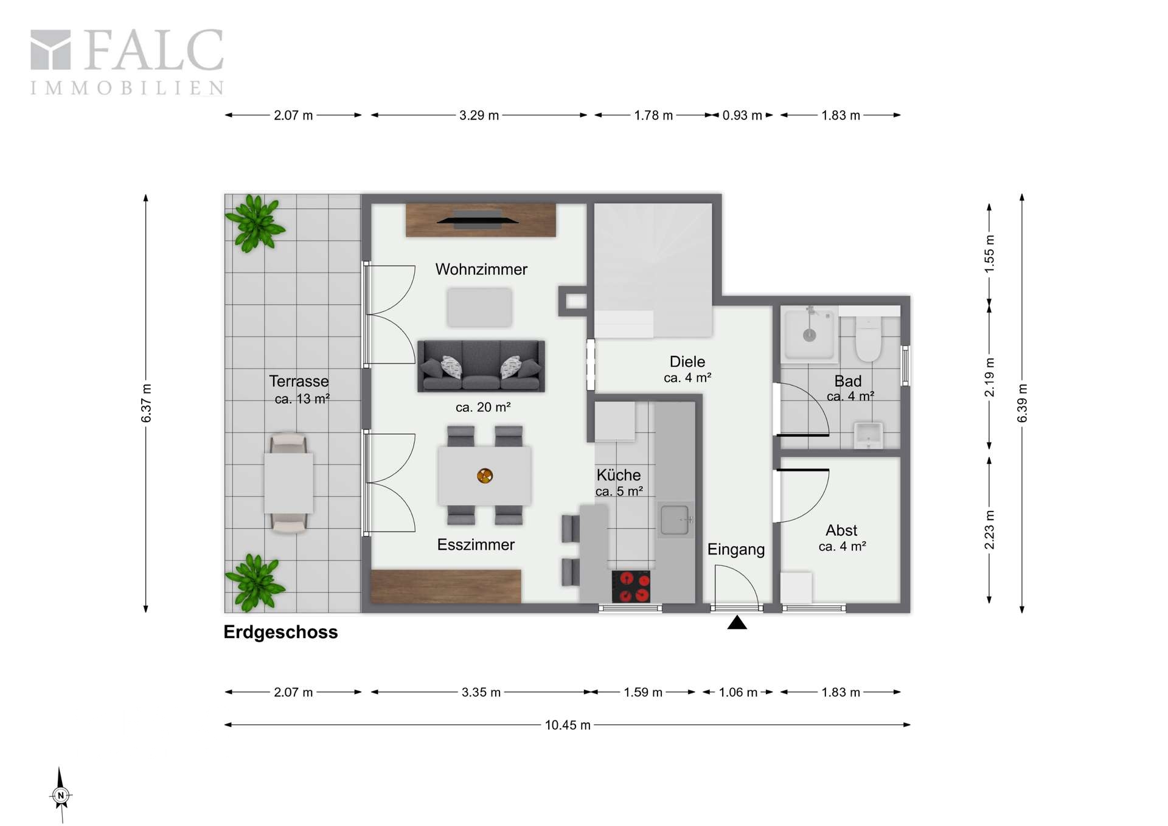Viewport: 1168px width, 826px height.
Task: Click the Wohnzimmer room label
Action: (x=481, y=269)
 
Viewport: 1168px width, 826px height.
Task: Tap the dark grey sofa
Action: (x=481, y=366)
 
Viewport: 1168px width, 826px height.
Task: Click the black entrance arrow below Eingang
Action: (x=737, y=622)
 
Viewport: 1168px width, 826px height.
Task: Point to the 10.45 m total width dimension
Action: (x=568, y=724)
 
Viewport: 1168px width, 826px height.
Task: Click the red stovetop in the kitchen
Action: (x=631, y=586)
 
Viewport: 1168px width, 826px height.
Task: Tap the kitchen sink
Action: (x=675, y=519)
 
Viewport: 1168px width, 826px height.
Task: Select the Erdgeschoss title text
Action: (x=280, y=632)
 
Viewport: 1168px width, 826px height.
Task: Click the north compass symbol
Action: (x=60, y=794)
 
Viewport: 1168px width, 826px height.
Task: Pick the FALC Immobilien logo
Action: (x=127, y=62)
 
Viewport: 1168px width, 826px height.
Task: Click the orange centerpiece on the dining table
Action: (x=485, y=476)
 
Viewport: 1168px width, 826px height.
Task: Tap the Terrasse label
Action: (x=299, y=381)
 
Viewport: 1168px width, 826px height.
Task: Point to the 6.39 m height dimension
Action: (x=1022, y=403)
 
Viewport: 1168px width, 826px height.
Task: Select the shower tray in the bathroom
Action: (x=810, y=335)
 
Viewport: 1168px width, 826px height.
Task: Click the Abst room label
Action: (x=841, y=530)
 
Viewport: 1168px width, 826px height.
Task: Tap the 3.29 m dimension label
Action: (x=479, y=115)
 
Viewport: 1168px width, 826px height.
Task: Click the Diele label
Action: (x=687, y=361)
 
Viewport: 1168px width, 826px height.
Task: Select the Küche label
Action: (x=619, y=474)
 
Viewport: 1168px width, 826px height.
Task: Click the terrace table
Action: (x=289, y=483)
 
